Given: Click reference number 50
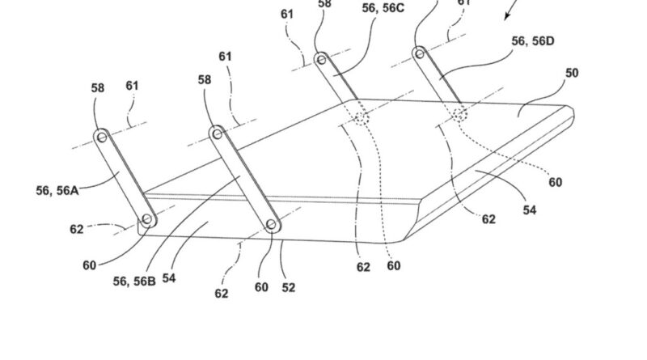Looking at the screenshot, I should [572, 73].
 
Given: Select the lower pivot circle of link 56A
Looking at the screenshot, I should [146, 219].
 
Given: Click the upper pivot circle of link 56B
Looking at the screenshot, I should [217, 132].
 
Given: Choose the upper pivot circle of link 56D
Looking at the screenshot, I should [418, 53].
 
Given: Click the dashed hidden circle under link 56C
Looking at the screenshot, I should [359, 118].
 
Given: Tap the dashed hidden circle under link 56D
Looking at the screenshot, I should [459, 114].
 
